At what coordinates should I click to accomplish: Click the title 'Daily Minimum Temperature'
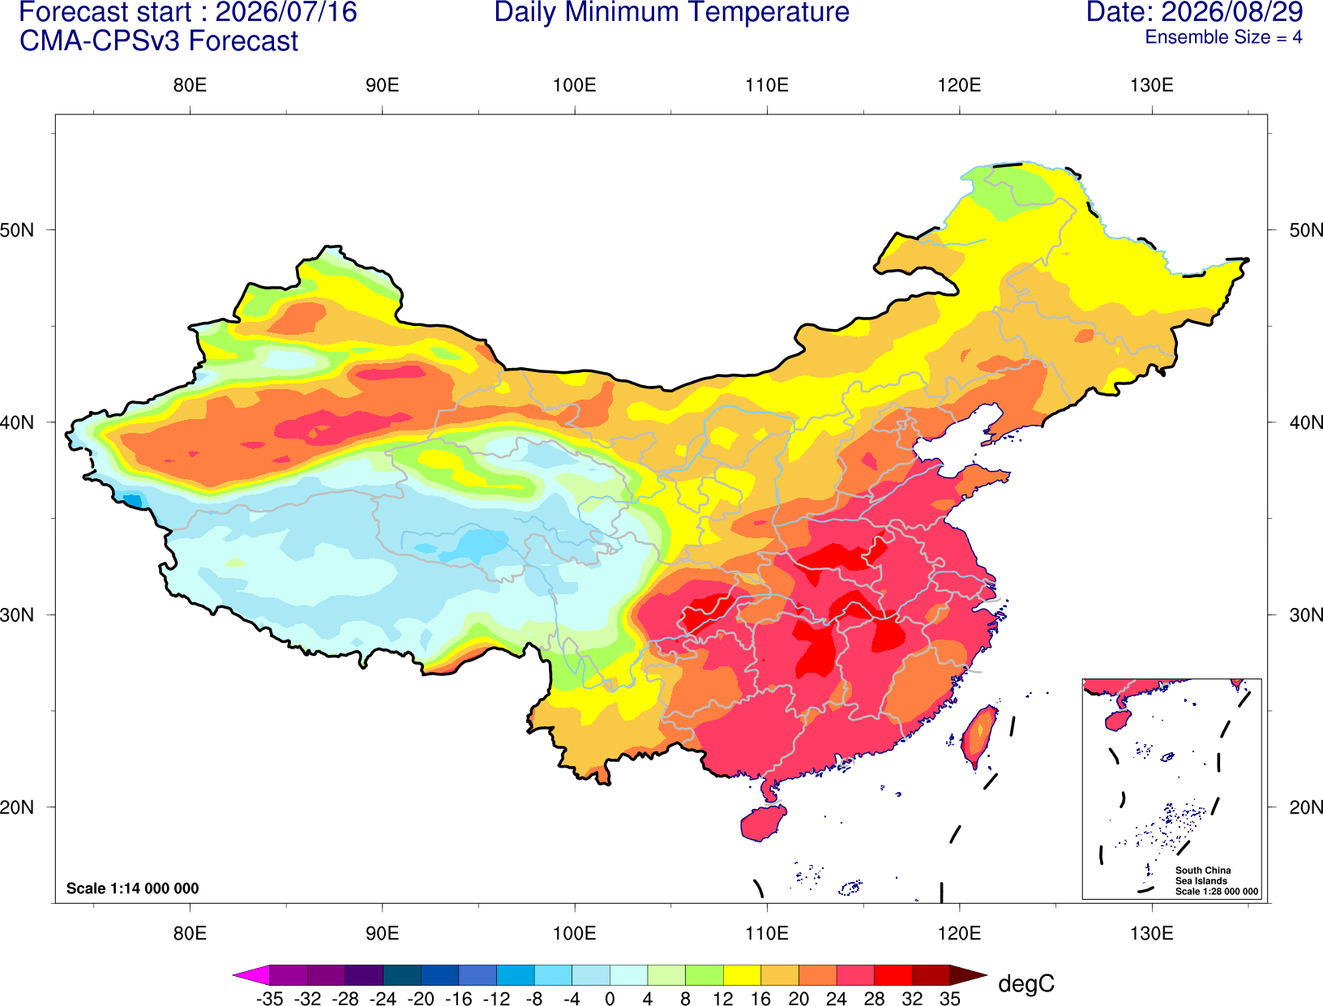[x=671, y=11]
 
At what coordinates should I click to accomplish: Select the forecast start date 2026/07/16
[x=285, y=11]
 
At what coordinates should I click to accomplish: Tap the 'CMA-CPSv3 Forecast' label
[x=159, y=41]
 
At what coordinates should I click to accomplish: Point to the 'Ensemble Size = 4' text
[x=1223, y=37]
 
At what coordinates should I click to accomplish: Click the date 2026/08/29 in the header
[x=1232, y=11]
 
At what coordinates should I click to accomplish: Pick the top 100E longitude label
[x=575, y=85]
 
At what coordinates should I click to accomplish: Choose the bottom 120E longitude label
[x=959, y=934]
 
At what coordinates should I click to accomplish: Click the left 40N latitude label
[x=17, y=422]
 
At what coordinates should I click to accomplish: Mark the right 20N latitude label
[x=1305, y=807]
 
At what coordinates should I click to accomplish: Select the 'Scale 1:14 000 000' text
[x=133, y=888]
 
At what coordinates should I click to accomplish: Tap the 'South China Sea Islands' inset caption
[x=1202, y=875]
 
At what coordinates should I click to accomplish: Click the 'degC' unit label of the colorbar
[x=1025, y=983]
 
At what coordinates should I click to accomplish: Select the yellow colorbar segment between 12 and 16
[x=742, y=974]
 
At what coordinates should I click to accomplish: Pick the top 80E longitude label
[x=190, y=85]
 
